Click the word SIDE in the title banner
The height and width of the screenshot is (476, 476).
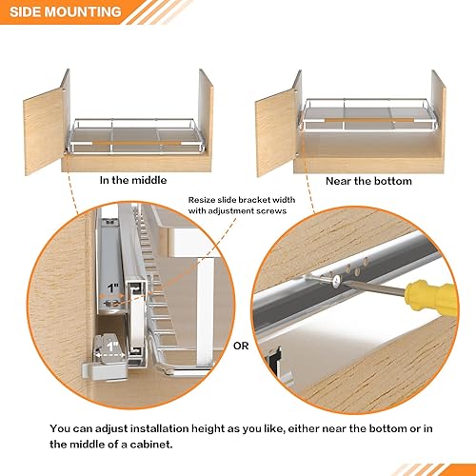(28, 12)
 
